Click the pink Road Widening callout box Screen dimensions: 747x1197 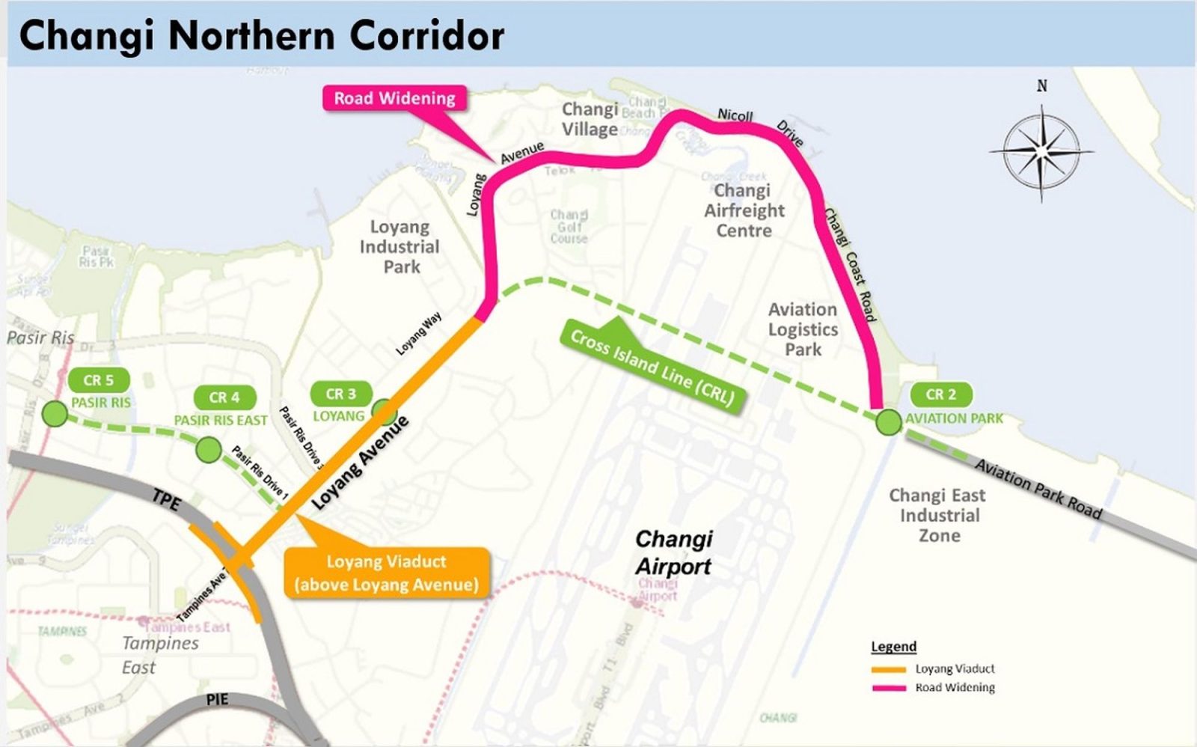(x=394, y=98)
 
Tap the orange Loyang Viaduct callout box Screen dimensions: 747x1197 (x=387, y=573)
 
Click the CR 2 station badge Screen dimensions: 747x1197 (x=940, y=394)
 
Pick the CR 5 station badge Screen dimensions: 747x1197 (x=98, y=380)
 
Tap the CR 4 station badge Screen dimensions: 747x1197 (x=224, y=397)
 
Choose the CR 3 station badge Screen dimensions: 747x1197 (x=340, y=394)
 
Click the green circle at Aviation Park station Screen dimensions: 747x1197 (x=888, y=422)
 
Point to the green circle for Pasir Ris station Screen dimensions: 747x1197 (x=55, y=413)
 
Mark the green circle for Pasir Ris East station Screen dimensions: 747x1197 (x=209, y=450)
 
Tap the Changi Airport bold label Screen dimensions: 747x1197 (x=673, y=552)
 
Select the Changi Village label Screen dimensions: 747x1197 (x=590, y=119)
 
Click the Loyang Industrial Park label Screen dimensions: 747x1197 (x=400, y=246)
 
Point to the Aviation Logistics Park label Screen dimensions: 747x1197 (x=803, y=329)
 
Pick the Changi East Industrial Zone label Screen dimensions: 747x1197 (x=938, y=515)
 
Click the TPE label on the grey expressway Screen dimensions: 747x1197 (x=166, y=501)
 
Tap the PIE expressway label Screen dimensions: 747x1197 (x=217, y=699)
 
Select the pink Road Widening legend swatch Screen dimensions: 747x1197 (x=889, y=687)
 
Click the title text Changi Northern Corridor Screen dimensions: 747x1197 (x=262, y=35)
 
